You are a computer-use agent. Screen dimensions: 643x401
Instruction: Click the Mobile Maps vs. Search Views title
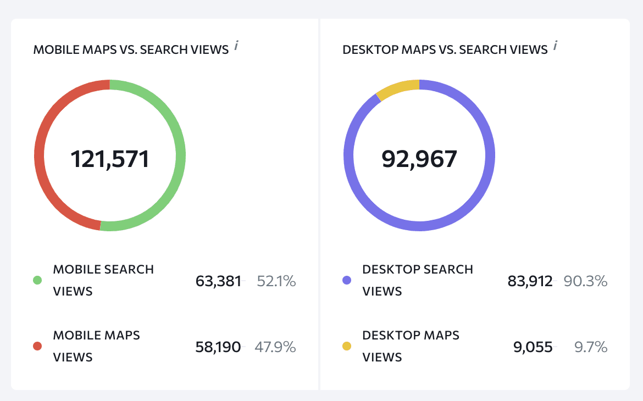[x=131, y=49]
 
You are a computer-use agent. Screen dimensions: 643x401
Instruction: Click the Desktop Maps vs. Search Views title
[x=445, y=49]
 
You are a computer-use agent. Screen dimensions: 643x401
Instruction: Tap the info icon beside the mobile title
[x=236, y=46]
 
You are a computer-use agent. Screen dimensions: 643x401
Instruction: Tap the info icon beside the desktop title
[x=555, y=46]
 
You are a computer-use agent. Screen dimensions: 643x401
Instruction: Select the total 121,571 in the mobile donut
[x=109, y=159]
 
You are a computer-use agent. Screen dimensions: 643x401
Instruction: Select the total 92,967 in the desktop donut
[x=419, y=159]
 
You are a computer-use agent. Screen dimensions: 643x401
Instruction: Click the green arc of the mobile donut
[x=180, y=155]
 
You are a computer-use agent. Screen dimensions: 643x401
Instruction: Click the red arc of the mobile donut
[x=40, y=155]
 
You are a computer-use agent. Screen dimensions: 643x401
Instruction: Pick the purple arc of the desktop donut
[x=490, y=155]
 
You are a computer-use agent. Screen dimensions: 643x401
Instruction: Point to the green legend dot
[x=37, y=281]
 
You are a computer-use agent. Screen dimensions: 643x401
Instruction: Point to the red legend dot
[x=37, y=347]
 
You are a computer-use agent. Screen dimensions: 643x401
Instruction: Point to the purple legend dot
[x=347, y=281]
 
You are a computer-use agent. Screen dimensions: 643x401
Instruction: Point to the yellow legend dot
[x=347, y=347]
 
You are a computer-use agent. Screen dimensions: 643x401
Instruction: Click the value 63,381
[x=218, y=281]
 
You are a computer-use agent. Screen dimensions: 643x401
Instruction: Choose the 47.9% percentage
[x=275, y=347]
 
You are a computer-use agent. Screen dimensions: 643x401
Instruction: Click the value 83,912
[x=530, y=281]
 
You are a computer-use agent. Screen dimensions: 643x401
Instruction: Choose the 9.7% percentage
[x=590, y=347]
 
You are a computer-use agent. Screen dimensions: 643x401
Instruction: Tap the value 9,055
[x=533, y=347]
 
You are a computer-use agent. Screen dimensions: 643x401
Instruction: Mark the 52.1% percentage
[x=276, y=281]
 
